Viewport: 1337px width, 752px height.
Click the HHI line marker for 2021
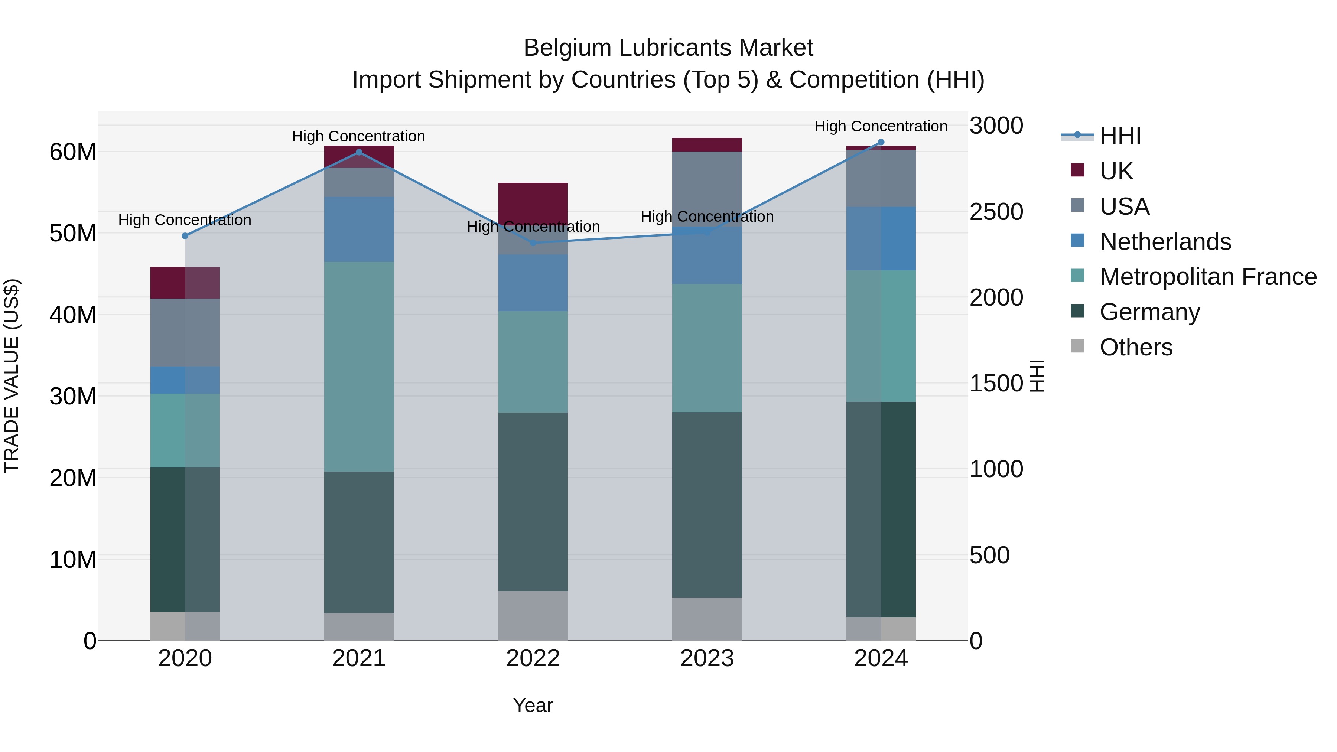click(x=359, y=152)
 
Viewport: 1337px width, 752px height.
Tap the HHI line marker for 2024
click(x=881, y=142)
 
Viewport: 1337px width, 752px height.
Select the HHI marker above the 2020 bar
click(x=185, y=235)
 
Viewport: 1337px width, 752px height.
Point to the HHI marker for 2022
click(x=533, y=243)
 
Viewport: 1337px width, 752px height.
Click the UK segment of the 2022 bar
click(x=533, y=202)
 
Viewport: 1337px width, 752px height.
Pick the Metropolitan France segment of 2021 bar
click(x=359, y=367)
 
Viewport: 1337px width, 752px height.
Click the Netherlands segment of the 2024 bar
click(x=881, y=239)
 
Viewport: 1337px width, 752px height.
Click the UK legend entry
click(x=1116, y=171)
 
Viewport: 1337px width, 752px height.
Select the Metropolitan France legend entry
click(x=1208, y=277)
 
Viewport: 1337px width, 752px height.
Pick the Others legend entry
click(x=1136, y=347)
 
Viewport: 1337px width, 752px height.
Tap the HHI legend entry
click(x=1120, y=136)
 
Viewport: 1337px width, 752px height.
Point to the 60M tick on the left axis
click(x=73, y=152)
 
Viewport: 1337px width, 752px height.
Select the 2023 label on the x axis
click(x=707, y=658)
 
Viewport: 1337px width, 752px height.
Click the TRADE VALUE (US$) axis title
click(x=12, y=376)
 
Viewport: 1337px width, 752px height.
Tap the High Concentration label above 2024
click(x=881, y=126)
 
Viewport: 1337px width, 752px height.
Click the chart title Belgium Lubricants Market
click(x=668, y=48)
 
